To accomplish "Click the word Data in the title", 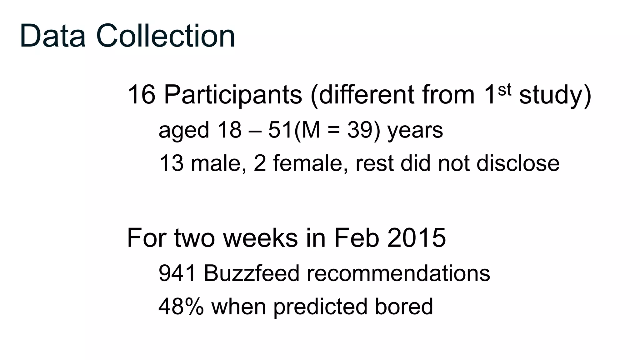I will (52, 36).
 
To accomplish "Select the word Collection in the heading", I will (166, 36).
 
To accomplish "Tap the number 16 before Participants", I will (141, 94).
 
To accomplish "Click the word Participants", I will (233, 95).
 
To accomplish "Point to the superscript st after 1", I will (504, 90).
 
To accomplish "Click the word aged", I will (183, 131).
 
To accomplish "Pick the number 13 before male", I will (171, 163).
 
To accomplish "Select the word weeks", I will (260, 238).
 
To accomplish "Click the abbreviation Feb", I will (357, 238).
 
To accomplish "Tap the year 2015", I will (416, 238).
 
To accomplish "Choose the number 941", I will (177, 273).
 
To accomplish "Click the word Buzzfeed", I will (252, 273).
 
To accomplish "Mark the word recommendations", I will (398, 273).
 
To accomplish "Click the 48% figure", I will (181, 306).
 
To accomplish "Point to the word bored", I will (404, 306).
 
